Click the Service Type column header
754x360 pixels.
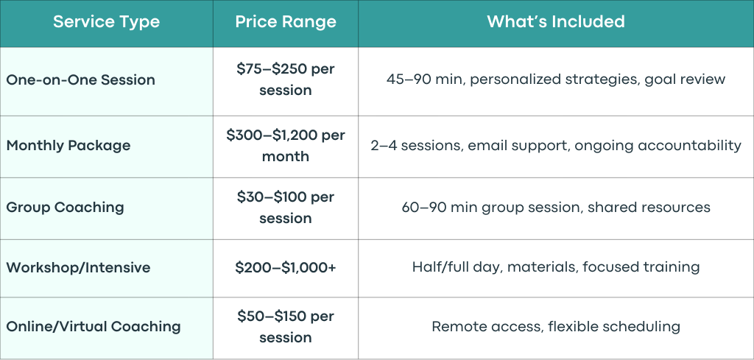(106, 21)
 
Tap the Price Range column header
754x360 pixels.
(286, 21)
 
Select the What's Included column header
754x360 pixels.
(556, 21)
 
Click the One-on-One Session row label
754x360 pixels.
(80, 80)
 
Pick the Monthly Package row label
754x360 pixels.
(68, 146)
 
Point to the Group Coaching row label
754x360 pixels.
(65, 207)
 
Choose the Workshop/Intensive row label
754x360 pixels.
(78, 267)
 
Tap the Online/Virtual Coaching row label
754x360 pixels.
(94, 327)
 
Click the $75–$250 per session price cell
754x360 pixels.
(286, 80)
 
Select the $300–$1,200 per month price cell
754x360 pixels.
(286, 145)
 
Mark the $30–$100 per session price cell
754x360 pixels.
(286, 207)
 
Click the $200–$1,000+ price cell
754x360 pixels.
(286, 268)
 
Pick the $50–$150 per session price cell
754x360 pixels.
(286, 327)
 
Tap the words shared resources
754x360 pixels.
(649, 207)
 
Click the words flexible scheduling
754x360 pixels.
(614, 327)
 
